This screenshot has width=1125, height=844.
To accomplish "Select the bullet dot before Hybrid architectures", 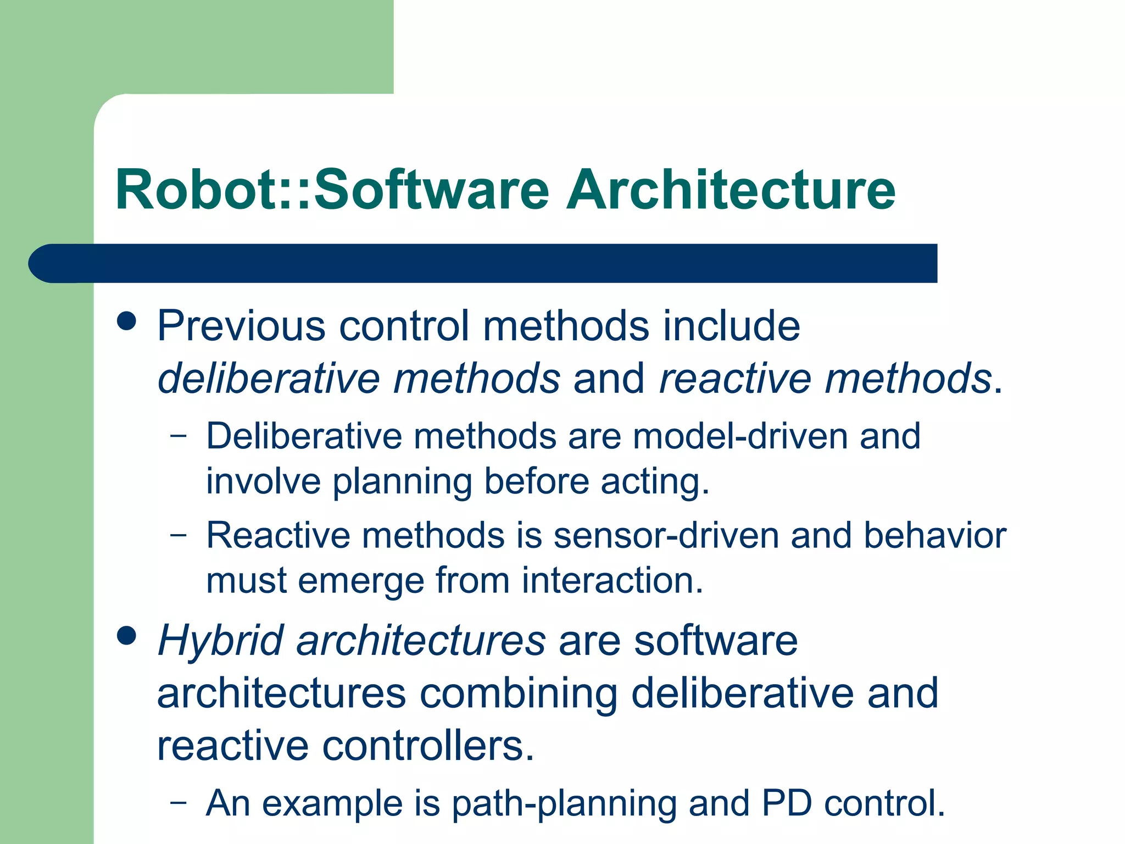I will (127, 636).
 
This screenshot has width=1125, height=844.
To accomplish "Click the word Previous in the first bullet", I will (242, 326).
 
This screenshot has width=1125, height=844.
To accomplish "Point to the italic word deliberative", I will (269, 379).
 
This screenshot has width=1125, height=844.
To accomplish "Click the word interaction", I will (612, 581).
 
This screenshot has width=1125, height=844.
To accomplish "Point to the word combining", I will (519, 694).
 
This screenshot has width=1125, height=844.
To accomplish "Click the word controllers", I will (428, 747).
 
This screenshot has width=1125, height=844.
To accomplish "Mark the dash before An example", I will (179, 803).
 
